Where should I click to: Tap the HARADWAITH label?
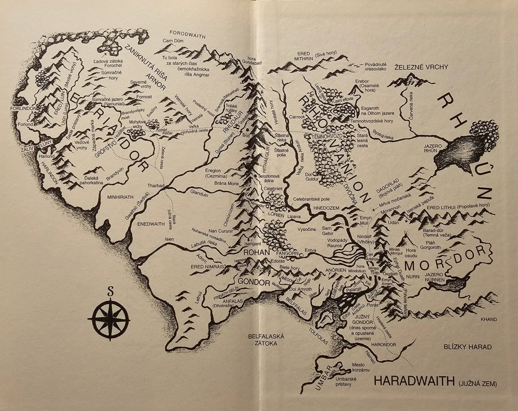click(413, 381)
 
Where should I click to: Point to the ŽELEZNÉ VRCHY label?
click(420, 67)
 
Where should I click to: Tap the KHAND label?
click(489, 319)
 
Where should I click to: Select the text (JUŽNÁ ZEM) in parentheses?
click(478, 384)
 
